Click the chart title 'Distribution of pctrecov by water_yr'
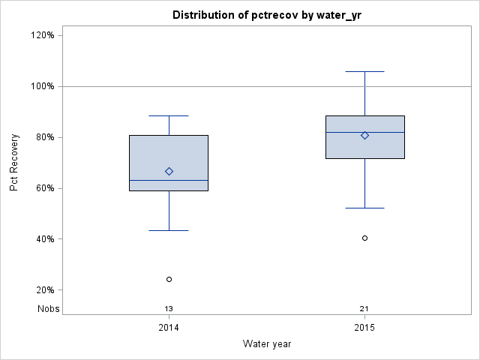(266, 15)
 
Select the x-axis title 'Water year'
(266, 343)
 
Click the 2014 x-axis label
(169, 328)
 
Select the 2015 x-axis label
(364, 328)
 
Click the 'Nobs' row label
(48, 308)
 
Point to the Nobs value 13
(169, 308)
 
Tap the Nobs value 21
(364, 308)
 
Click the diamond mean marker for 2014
(169, 171)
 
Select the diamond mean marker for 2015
(364, 136)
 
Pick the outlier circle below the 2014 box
(169, 279)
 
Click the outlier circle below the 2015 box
(364, 238)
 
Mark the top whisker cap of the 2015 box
(364, 71)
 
